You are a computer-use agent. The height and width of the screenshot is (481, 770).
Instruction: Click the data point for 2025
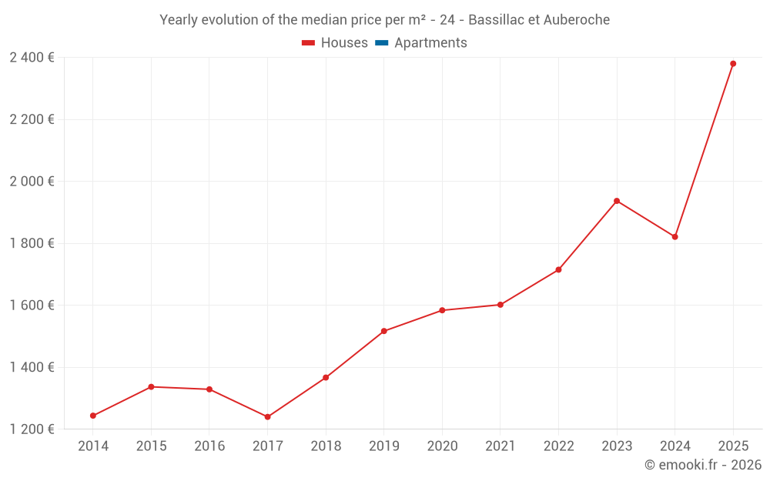click(733, 64)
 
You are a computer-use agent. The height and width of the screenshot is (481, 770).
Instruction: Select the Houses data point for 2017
click(268, 417)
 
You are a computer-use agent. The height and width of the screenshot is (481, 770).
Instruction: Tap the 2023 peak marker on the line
click(617, 201)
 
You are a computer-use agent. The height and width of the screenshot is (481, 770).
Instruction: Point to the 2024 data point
click(675, 237)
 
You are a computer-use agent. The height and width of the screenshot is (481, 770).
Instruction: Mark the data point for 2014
click(93, 416)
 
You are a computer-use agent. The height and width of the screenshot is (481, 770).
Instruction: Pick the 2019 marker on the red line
click(384, 331)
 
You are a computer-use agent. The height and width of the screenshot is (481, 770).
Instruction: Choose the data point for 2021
click(500, 305)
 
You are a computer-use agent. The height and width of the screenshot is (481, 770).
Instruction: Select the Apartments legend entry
click(430, 43)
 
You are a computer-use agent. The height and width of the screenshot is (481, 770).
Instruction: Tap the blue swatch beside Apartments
click(382, 43)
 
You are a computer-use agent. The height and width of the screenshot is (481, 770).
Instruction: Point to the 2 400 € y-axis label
click(32, 58)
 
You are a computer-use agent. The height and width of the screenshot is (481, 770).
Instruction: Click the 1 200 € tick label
click(32, 429)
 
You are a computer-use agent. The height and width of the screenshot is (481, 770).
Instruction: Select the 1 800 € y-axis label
click(32, 243)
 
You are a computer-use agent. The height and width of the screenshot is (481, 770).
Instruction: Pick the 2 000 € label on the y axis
click(32, 182)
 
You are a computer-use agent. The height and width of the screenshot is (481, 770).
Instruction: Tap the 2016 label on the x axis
click(209, 446)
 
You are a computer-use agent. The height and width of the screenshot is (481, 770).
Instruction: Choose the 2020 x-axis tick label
click(442, 446)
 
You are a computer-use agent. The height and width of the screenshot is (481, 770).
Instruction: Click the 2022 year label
click(558, 446)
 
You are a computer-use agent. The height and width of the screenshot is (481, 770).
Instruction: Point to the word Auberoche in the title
click(576, 20)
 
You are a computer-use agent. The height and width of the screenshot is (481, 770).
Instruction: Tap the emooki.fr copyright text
click(703, 465)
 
